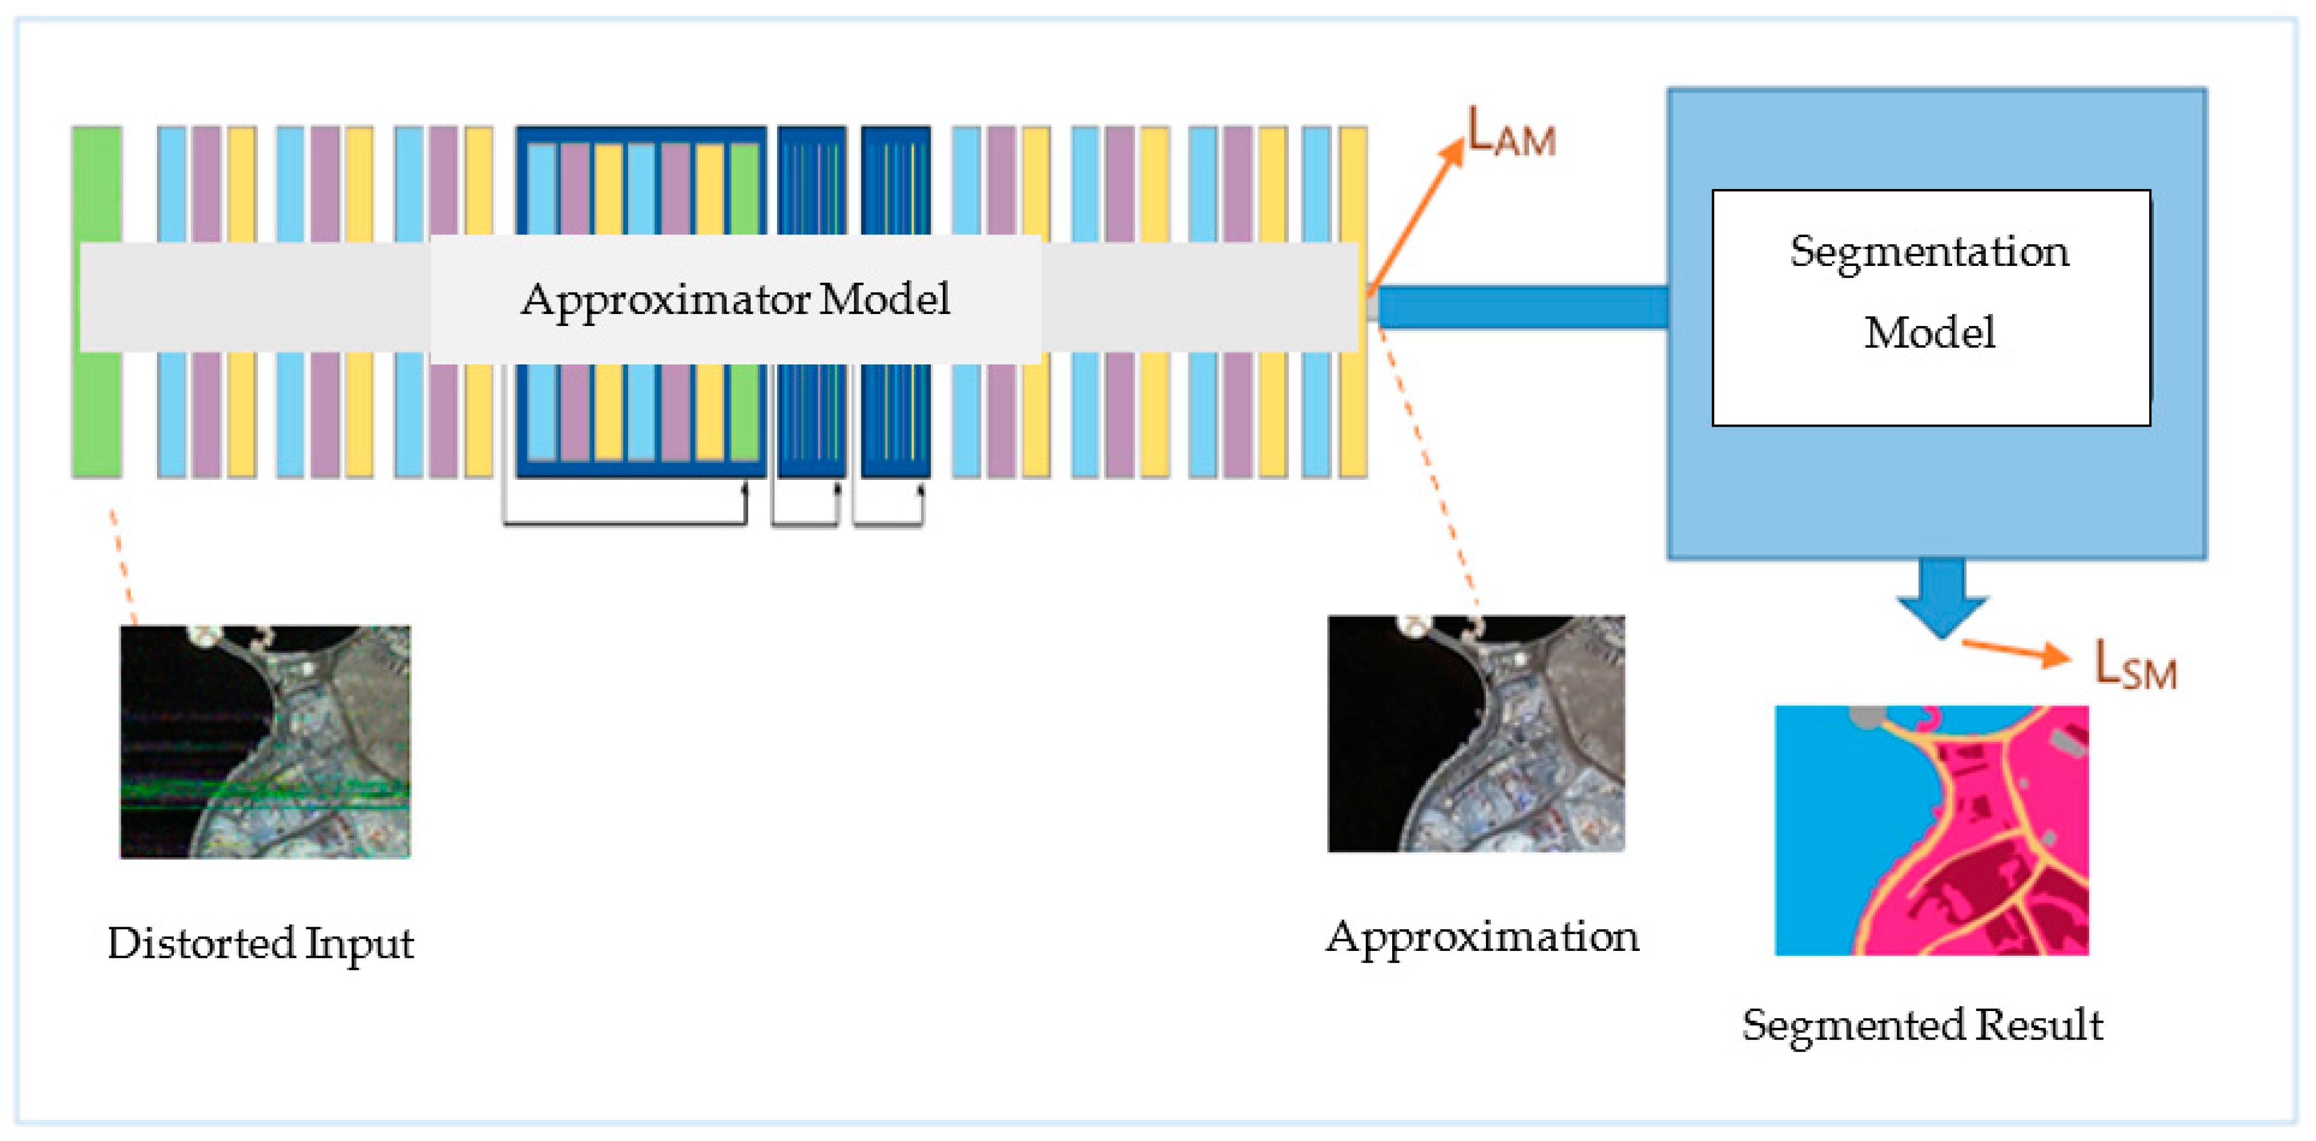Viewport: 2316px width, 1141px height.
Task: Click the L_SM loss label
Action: coord(2135,666)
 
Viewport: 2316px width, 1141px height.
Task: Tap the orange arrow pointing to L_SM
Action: coord(2014,650)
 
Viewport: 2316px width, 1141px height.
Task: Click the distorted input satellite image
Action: coord(265,742)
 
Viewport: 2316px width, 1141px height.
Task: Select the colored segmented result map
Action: coord(1930,830)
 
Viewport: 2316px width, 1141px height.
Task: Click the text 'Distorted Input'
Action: coord(260,943)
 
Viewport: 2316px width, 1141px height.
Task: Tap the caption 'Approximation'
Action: coord(1482,937)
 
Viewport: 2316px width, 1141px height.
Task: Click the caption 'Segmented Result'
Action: coord(1922,1025)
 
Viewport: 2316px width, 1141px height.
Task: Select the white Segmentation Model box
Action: coord(1930,308)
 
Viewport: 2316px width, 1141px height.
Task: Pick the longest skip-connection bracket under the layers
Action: coord(625,521)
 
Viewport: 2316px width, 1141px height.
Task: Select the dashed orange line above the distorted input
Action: coord(123,566)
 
